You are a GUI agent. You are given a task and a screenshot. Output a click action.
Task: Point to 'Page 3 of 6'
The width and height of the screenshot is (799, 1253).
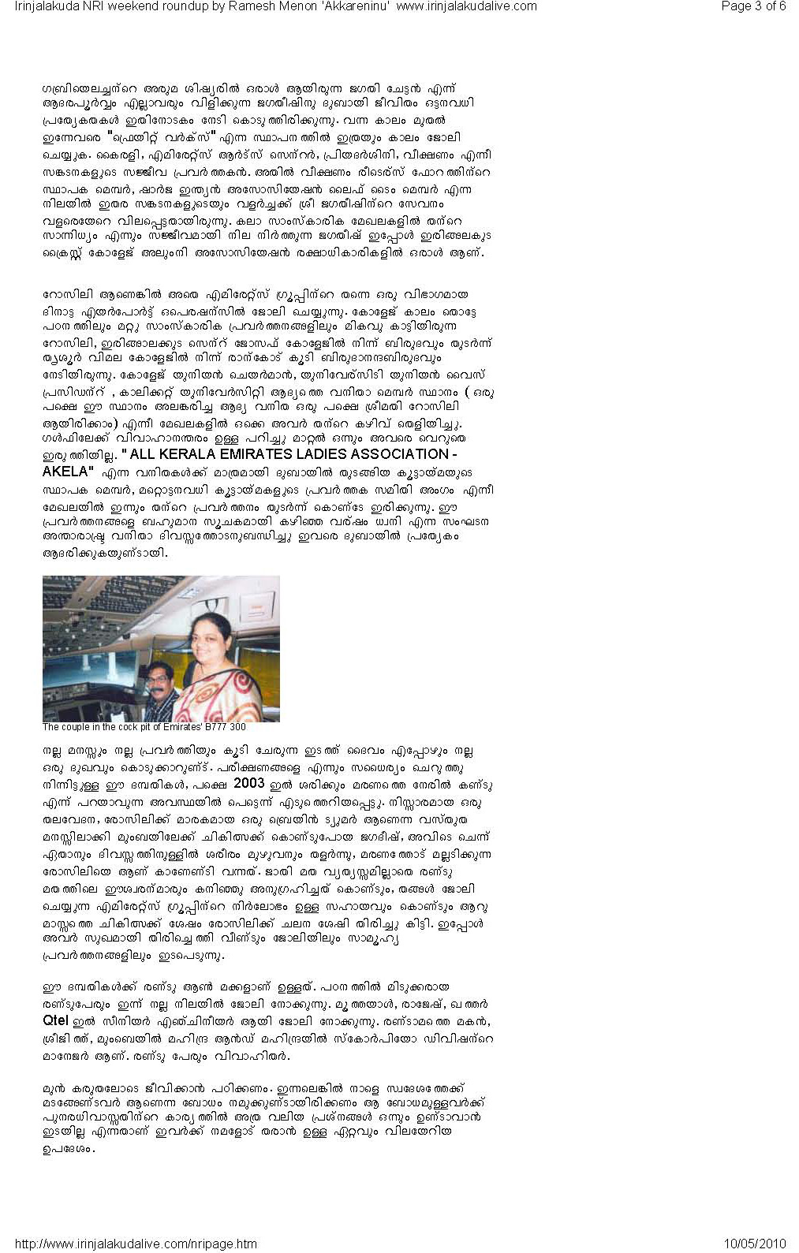(753, 6)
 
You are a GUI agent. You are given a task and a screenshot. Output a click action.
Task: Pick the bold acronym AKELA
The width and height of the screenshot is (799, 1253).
(66, 472)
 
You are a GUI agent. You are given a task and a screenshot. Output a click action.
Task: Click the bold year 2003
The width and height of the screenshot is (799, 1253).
(245, 785)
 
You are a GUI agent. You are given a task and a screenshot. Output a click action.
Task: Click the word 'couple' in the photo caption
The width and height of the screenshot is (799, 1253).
(77, 727)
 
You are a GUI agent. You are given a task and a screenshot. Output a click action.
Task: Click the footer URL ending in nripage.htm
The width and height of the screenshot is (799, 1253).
(136, 1244)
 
